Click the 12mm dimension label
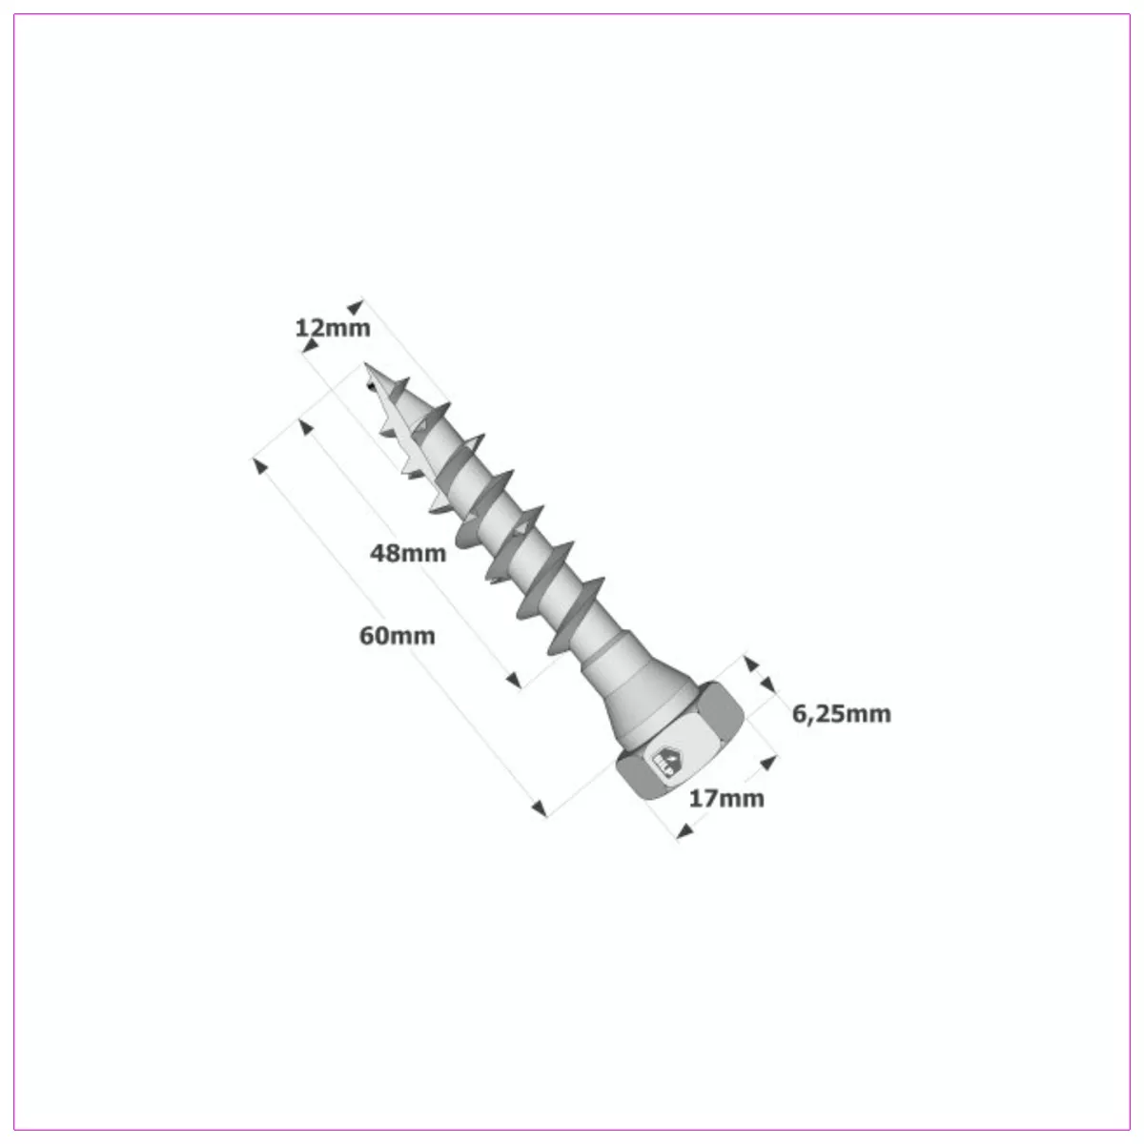tap(332, 329)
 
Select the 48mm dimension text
tap(408, 552)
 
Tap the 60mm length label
tap(397, 635)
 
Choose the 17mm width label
tap(726, 798)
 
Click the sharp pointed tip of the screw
tap(366, 366)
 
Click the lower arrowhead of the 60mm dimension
tap(540, 808)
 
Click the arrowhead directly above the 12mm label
tap(356, 307)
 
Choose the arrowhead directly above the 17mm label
tap(766, 763)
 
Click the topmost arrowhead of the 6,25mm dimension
tap(749, 661)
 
